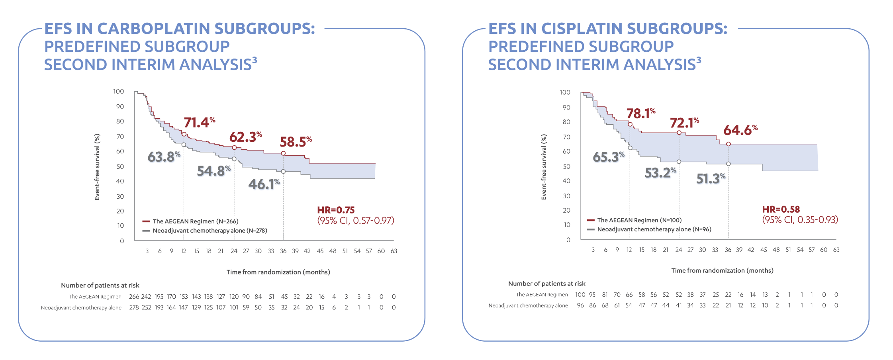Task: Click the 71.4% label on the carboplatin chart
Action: point(199,122)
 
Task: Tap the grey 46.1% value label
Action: point(264,184)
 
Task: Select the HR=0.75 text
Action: point(336,210)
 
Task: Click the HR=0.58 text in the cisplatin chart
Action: point(781,209)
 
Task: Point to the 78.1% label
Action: point(640,113)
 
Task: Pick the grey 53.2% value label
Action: point(660,172)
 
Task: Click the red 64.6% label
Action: point(740,130)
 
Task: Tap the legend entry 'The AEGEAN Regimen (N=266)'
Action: point(195,221)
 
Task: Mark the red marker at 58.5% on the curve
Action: point(283,153)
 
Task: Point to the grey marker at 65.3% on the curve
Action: point(630,148)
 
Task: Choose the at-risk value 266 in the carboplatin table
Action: point(134,297)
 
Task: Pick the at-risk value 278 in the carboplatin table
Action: point(134,307)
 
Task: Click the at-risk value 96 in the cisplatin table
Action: point(580,305)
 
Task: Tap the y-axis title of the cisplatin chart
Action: point(544,167)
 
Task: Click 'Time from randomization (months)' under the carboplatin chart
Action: point(278,272)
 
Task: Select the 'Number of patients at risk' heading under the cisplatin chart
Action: point(546,284)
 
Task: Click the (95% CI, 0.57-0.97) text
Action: point(355,221)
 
